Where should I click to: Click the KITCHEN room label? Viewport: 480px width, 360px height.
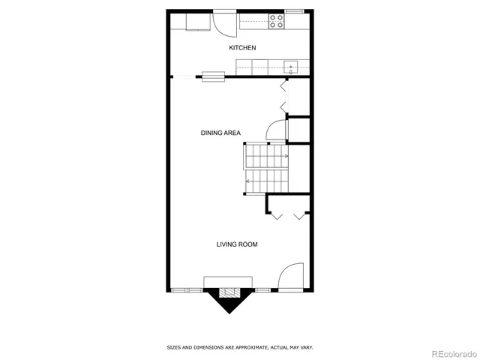coord(242,48)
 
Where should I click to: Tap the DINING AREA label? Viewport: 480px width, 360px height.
coord(220,133)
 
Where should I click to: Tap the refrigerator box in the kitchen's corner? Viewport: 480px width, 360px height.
coord(197,21)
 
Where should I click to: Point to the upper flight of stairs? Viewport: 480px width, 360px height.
coord(265,156)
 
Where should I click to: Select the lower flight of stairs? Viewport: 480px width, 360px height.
coord(265,180)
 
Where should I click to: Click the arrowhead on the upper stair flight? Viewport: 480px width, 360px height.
coord(286,156)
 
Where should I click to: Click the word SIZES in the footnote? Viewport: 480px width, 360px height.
coord(173,347)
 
